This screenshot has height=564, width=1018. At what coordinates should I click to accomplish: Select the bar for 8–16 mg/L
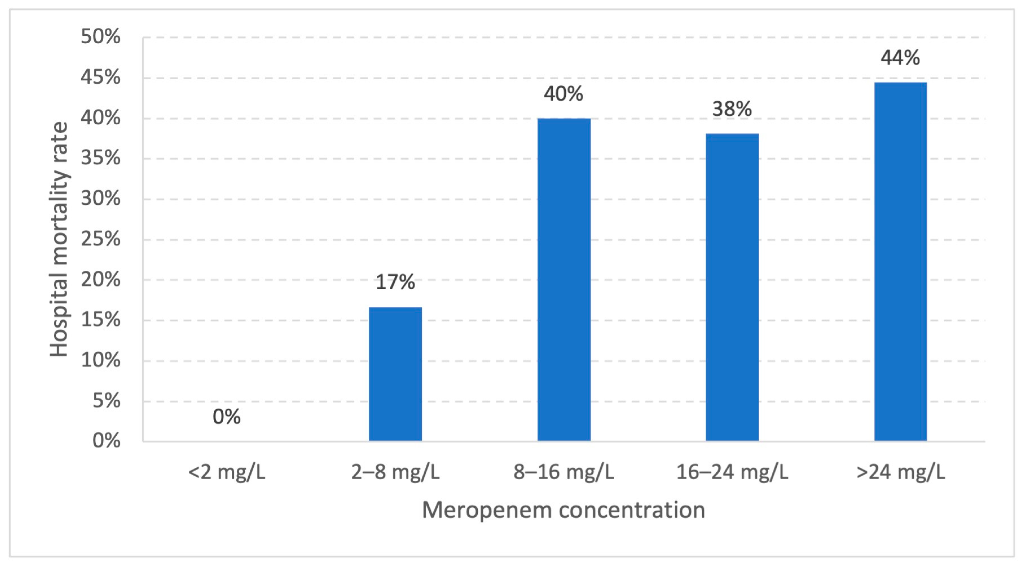564,279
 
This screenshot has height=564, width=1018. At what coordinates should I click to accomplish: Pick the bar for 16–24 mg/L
732,287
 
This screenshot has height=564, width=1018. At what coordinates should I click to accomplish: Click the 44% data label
900,58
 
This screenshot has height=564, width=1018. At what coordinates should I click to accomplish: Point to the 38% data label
732,109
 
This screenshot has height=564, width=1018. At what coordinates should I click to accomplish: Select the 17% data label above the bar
395,282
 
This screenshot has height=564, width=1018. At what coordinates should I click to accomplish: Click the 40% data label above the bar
564,94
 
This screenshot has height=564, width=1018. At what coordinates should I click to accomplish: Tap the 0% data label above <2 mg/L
226,417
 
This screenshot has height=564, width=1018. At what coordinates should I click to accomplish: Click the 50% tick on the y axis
101,37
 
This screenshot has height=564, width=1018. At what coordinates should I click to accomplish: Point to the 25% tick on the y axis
101,239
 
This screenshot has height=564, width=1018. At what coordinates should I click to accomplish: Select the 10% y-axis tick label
101,360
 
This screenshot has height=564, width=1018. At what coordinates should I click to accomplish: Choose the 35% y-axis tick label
101,158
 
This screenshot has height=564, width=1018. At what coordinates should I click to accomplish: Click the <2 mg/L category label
226,472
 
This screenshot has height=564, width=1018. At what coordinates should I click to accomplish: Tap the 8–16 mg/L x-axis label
564,472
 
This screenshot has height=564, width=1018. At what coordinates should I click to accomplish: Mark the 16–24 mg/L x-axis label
732,472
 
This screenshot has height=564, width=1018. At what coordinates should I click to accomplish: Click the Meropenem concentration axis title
564,510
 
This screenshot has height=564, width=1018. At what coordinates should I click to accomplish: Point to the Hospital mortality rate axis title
59,239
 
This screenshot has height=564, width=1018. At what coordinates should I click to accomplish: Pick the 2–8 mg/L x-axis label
395,472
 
